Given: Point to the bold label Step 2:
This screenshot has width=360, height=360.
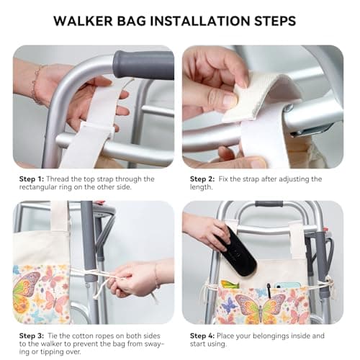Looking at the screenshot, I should click(x=204, y=179).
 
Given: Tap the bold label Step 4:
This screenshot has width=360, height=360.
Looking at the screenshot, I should click(x=204, y=335).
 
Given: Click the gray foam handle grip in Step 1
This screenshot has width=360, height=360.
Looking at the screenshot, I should click(x=143, y=65).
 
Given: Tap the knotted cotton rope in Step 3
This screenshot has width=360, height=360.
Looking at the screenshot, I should click(x=108, y=276).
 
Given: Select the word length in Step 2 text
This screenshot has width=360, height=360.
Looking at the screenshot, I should click(x=204, y=189).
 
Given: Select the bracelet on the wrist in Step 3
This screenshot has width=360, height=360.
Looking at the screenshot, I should click(x=158, y=276).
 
